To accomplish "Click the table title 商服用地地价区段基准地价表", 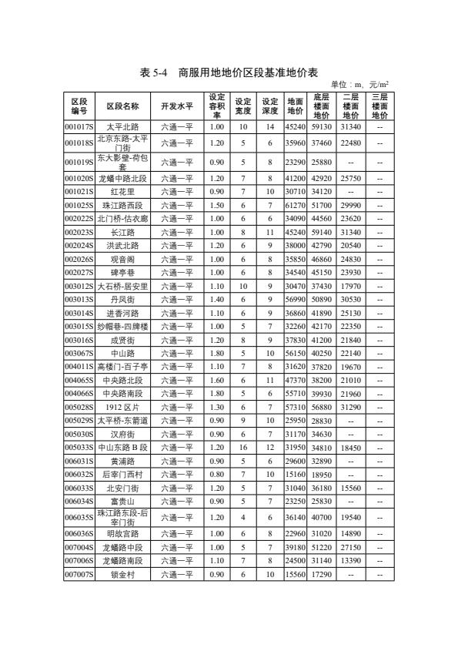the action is tap(229, 72).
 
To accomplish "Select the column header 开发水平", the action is tap(176, 106).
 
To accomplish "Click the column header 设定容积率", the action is tap(216, 106).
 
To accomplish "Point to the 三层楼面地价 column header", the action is tap(379, 106).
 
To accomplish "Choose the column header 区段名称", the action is tap(122, 106).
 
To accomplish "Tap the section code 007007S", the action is tap(79, 575).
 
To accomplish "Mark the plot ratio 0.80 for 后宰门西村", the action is tap(216, 475).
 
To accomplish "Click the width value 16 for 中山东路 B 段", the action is tap(242, 447).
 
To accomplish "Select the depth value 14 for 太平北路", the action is tap(269, 126).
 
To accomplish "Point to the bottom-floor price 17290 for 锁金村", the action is tap(322, 575).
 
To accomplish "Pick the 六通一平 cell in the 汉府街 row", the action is tap(176, 435).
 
